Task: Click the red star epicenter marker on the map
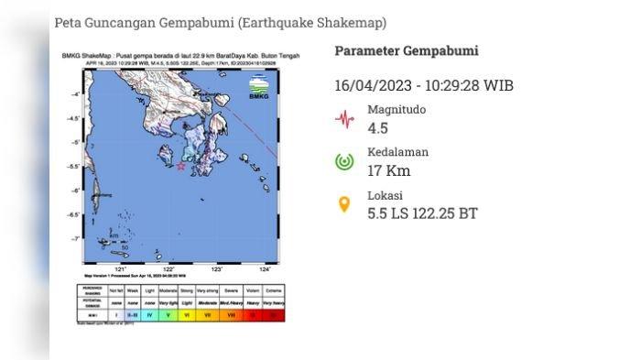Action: [181, 167]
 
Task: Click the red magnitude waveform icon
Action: [344, 118]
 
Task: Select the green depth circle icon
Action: [344, 162]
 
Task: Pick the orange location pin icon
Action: [344, 204]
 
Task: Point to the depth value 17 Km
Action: [388, 170]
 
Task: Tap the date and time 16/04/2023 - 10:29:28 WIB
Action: [423, 85]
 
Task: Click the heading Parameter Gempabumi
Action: [406, 51]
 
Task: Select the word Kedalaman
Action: [397, 152]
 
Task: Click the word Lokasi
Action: [386, 195]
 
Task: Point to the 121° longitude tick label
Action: [120, 269]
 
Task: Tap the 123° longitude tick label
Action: [217, 269]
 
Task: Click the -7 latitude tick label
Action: [77, 238]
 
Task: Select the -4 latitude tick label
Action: [77, 94]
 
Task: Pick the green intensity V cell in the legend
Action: [168, 313]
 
